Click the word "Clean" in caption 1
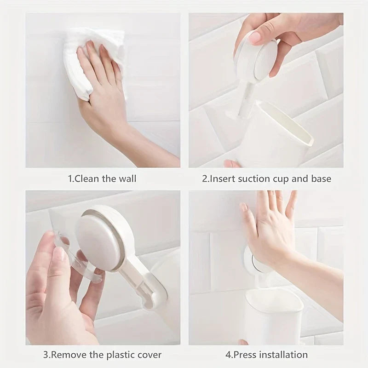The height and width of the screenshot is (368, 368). coord(86,178)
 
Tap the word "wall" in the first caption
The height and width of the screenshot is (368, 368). coord(127,178)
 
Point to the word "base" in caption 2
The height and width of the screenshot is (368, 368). coord(321,179)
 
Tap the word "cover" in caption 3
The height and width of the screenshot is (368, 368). coord(149,355)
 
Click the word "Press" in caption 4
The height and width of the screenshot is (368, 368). coord(246,355)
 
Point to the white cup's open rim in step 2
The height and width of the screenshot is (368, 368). coord(289,122)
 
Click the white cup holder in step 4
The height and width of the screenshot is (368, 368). coord(274,317)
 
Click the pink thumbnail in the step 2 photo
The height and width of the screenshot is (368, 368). coord(254,37)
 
